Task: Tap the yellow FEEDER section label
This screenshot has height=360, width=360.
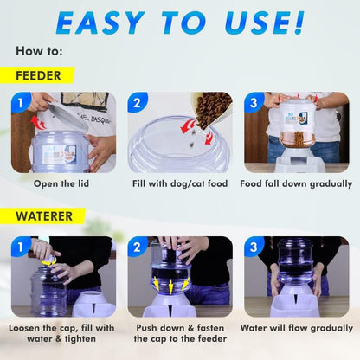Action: pos(37,76)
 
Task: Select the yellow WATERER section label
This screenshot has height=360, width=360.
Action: pos(42,216)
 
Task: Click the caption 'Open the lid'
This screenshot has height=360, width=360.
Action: pos(63,183)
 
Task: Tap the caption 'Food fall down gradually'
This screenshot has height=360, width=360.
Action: pos(297,183)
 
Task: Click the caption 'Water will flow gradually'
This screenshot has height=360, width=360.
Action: pos(297,328)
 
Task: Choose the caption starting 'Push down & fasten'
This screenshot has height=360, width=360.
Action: pos(180,334)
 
